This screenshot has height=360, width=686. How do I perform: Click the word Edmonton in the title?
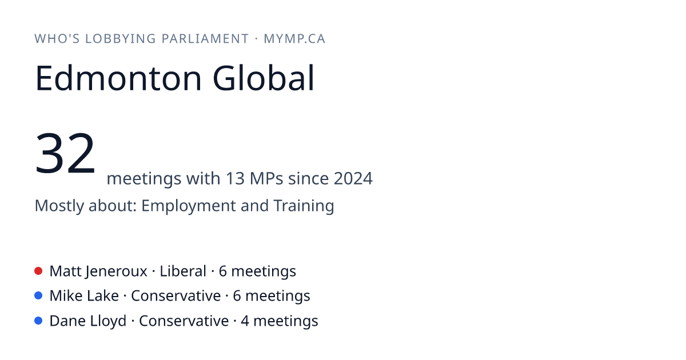click(118, 78)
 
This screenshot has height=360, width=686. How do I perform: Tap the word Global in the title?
click(264, 78)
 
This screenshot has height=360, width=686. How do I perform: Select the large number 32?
click(65, 153)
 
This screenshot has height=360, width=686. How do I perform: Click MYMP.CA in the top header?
click(294, 39)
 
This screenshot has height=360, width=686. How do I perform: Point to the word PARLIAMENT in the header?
click(205, 39)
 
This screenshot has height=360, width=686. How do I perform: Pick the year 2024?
click(353, 178)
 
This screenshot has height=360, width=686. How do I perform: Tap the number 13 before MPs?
click(235, 178)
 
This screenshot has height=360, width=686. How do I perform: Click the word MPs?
click(266, 178)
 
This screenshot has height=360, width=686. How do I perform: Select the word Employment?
click(188, 206)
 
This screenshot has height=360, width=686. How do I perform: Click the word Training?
click(304, 205)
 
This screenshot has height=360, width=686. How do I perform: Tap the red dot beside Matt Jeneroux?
click(38, 271)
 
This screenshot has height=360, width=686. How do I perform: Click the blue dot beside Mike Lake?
click(38, 295)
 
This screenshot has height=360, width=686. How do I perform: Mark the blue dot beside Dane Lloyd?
click(38, 321)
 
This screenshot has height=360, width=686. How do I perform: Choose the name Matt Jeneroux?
click(98, 271)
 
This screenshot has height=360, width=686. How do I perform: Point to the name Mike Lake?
click(84, 296)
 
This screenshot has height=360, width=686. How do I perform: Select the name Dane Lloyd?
click(88, 321)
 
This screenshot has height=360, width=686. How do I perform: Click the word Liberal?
click(183, 271)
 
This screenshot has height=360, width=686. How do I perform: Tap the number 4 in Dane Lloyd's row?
click(245, 321)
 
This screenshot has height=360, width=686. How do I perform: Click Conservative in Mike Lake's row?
click(176, 296)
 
